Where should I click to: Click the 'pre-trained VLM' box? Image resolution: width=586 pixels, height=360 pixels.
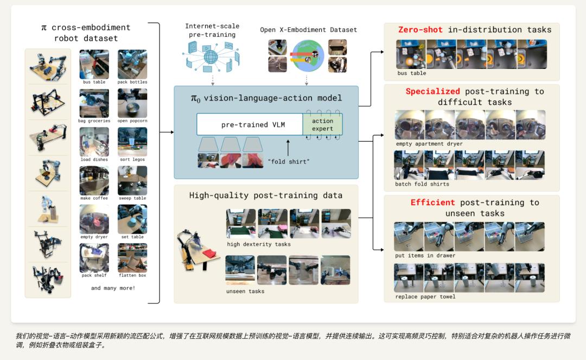pyautogui.click(x=250, y=124)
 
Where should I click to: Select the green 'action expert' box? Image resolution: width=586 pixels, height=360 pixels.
pyautogui.click(x=322, y=124)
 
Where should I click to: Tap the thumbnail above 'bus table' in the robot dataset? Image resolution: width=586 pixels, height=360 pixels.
pyautogui.click(x=94, y=64)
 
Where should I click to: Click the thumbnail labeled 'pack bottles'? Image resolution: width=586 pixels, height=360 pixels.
pyautogui.click(x=132, y=64)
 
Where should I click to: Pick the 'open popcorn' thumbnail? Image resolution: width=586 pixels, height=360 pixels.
pyautogui.click(x=132, y=103)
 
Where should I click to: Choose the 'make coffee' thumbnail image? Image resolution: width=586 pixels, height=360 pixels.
pyautogui.click(x=94, y=181)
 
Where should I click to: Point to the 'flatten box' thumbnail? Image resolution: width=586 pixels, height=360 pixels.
pyautogui.click(x=132, y=257)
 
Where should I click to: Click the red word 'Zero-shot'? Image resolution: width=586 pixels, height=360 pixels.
pyautogui.click(x=420, y=29)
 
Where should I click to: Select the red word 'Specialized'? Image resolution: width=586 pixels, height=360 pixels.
pyautogui.click(x=433, y=91)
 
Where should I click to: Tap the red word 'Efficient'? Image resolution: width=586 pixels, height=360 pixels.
pyautogui.click(x=433, y=202)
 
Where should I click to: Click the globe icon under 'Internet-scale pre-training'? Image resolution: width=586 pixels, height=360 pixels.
pyautogui.click(x=211, y=57)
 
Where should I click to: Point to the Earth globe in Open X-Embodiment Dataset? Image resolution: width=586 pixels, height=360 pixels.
pyautogui.click(x=308, y=56)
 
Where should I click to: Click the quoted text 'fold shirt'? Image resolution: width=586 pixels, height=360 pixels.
pyautogui.click(x=289, y=161)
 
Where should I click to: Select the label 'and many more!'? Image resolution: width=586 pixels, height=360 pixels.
pyautogui.click(x=113, y=288)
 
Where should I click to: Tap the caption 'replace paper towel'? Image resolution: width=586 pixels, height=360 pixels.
pyautogui.click(x=425, y=296)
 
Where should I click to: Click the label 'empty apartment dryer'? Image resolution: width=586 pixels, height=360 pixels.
pyautogui.click(x=429, y=143)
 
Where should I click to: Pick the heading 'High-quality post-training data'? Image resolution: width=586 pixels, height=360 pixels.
pyautogui.click(x=266, y=195)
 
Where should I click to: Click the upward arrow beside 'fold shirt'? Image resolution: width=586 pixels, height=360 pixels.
pyautogui.click(x=288, y=148)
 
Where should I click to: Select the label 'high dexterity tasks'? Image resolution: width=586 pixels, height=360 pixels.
pyautogui.click(x=259, y=244)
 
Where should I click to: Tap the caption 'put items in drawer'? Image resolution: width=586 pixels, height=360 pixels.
pyautogui.click(x=425, y=255)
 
